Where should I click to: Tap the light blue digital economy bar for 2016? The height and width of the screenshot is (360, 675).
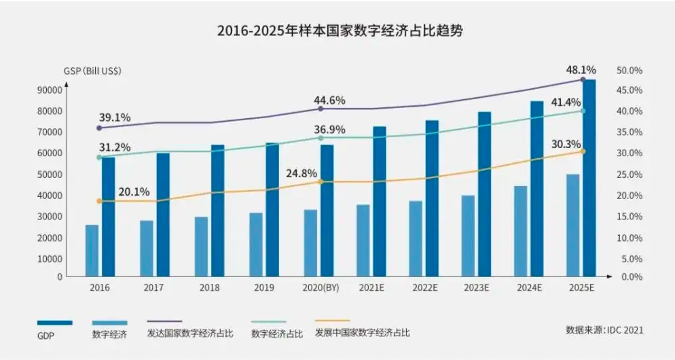[x=92, y=250]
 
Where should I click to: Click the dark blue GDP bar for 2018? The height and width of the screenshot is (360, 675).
[x=217, y=211]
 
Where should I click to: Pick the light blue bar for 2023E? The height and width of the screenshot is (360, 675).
[x=468, y=236]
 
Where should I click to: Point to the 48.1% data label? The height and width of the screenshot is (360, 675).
[x=581, y=69]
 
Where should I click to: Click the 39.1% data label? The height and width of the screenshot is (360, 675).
[x=114, y=118]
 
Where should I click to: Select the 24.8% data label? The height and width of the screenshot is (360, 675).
[x=302, y=173]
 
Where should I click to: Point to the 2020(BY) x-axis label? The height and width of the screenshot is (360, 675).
[x=320, y=288]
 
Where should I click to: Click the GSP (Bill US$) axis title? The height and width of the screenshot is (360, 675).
[x=92, y=71]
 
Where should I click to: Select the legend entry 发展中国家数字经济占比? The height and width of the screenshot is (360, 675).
[x=362, y=334]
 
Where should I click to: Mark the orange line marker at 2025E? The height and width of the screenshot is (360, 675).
[x=582, y=151]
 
